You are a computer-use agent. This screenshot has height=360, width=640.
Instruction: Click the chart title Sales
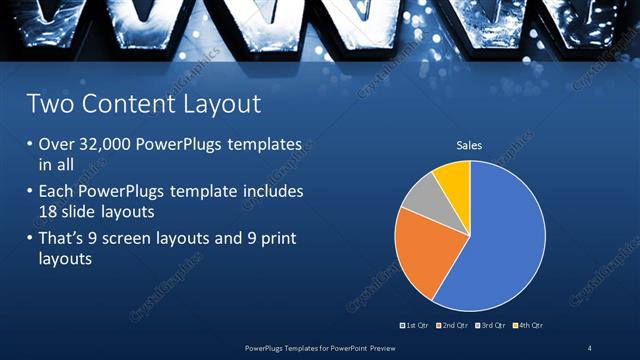pos(469,146)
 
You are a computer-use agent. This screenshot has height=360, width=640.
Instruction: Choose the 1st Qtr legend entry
pos(418,326)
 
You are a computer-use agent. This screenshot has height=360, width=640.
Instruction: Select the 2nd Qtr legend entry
pos(455,326)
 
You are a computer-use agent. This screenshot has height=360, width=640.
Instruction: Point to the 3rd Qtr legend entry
pos(492,326)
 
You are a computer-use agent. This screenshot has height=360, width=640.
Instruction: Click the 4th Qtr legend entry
pos(529,326)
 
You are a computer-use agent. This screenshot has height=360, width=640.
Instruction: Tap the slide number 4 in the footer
pos(589,348)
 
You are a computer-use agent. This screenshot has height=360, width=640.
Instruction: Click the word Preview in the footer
pos(377,348)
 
